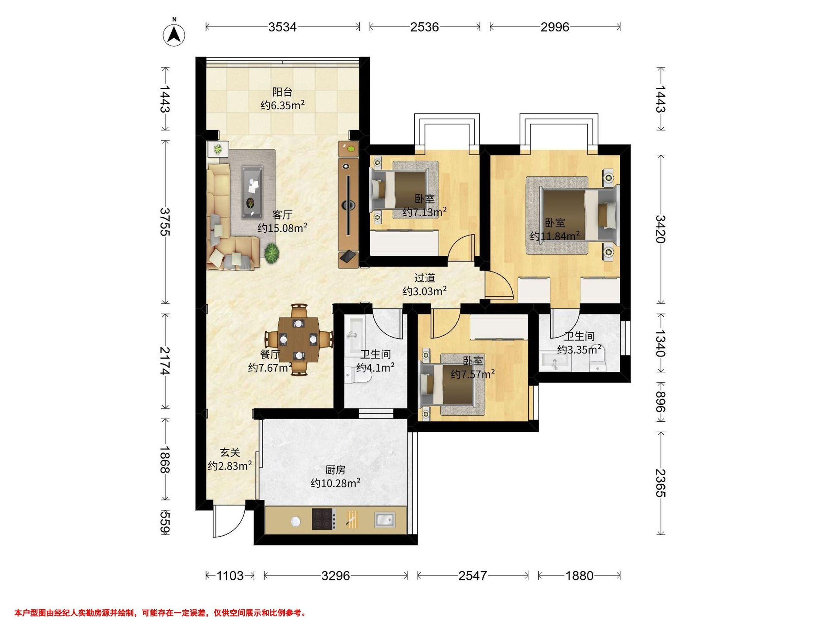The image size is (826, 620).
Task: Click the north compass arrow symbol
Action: [x=174, y=35]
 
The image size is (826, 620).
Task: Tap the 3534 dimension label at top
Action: [x=282, y=27]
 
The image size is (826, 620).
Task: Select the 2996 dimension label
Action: [x=555, y=27]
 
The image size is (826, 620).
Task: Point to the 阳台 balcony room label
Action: [x=282, y=92]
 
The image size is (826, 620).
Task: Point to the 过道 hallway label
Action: [x=425, y=278]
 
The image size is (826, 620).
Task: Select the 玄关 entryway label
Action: [x=230, y=453]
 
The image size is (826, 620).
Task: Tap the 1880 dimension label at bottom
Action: [x=579, y=576]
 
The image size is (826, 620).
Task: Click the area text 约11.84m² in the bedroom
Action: [x=555, y=236]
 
